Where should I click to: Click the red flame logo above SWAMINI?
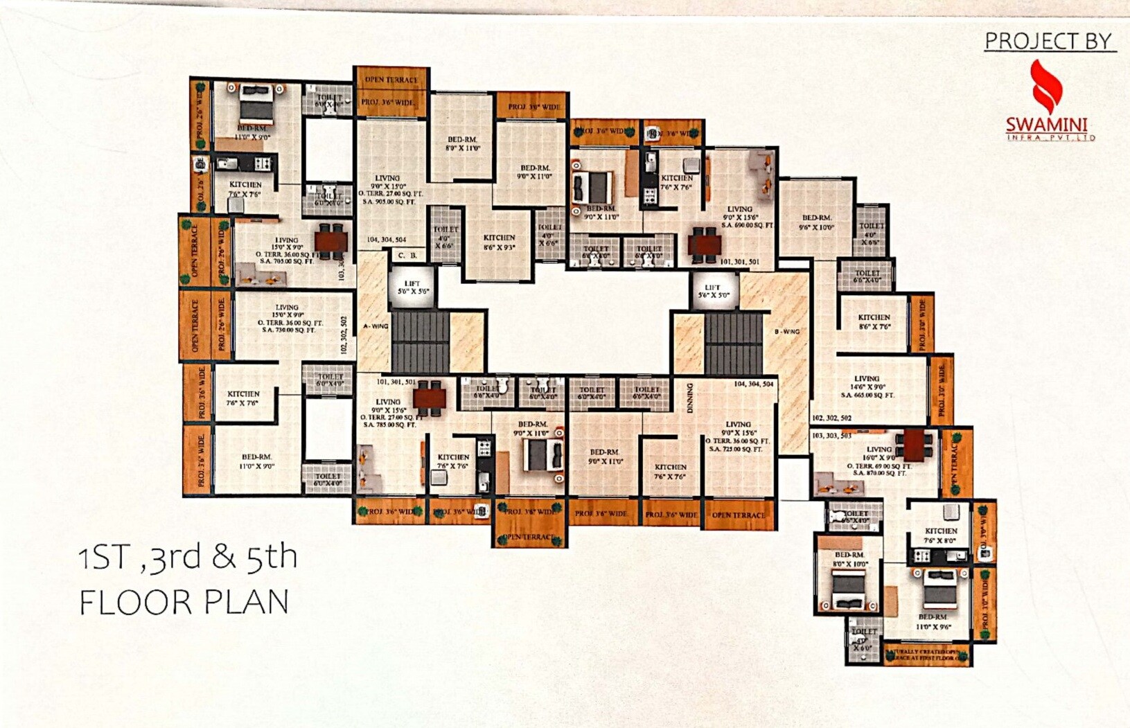[1046, 86]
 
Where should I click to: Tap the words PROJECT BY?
[1048, 42]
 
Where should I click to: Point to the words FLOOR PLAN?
[184, 602]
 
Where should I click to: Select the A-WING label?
[376, 326]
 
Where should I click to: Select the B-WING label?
[787, 332]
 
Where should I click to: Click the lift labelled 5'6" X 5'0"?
[712, 292]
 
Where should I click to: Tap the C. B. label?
[407, 256]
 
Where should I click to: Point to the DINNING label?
[689, 398]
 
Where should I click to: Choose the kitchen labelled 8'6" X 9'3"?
[499, 242]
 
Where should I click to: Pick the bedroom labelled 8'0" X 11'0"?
[463, 144]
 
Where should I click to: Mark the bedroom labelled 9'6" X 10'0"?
[816, 222]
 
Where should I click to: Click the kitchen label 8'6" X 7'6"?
[874, 321]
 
